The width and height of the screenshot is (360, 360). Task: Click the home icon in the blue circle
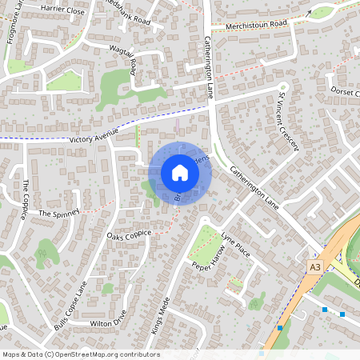pyautogui.click(x=180, y=173)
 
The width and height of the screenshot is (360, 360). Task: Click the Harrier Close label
pyautogui.click(x=62, y=11)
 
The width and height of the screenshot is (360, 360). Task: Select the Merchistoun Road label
pyautogui.click(x=256, y=24)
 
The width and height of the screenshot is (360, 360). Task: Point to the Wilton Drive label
pyautogui.click(x=108, y=323)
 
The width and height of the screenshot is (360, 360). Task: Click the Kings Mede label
pyautogui.click(x=160, y=314)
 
